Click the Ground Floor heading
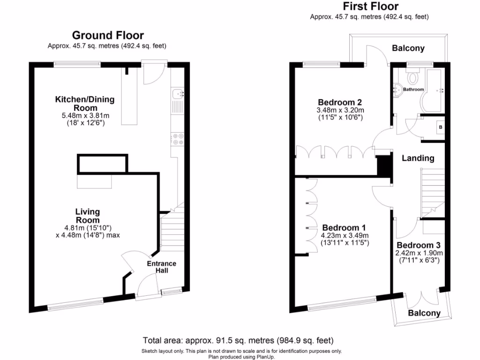point(107,35)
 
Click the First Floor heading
point(370,6)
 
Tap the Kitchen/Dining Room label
point(85,103)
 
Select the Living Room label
point(88,216)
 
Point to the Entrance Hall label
point(161,267)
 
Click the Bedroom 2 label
point(340,102)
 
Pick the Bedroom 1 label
point(344,227)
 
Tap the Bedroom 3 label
point(418,245)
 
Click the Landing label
point(418,158)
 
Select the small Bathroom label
point(414,90)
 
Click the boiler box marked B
point(440,127)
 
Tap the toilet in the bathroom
point(413,76)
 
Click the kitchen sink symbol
point(178,95)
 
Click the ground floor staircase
point(173,232)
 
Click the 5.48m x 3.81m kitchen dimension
point(85,115)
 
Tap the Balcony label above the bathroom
point(408,48)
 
